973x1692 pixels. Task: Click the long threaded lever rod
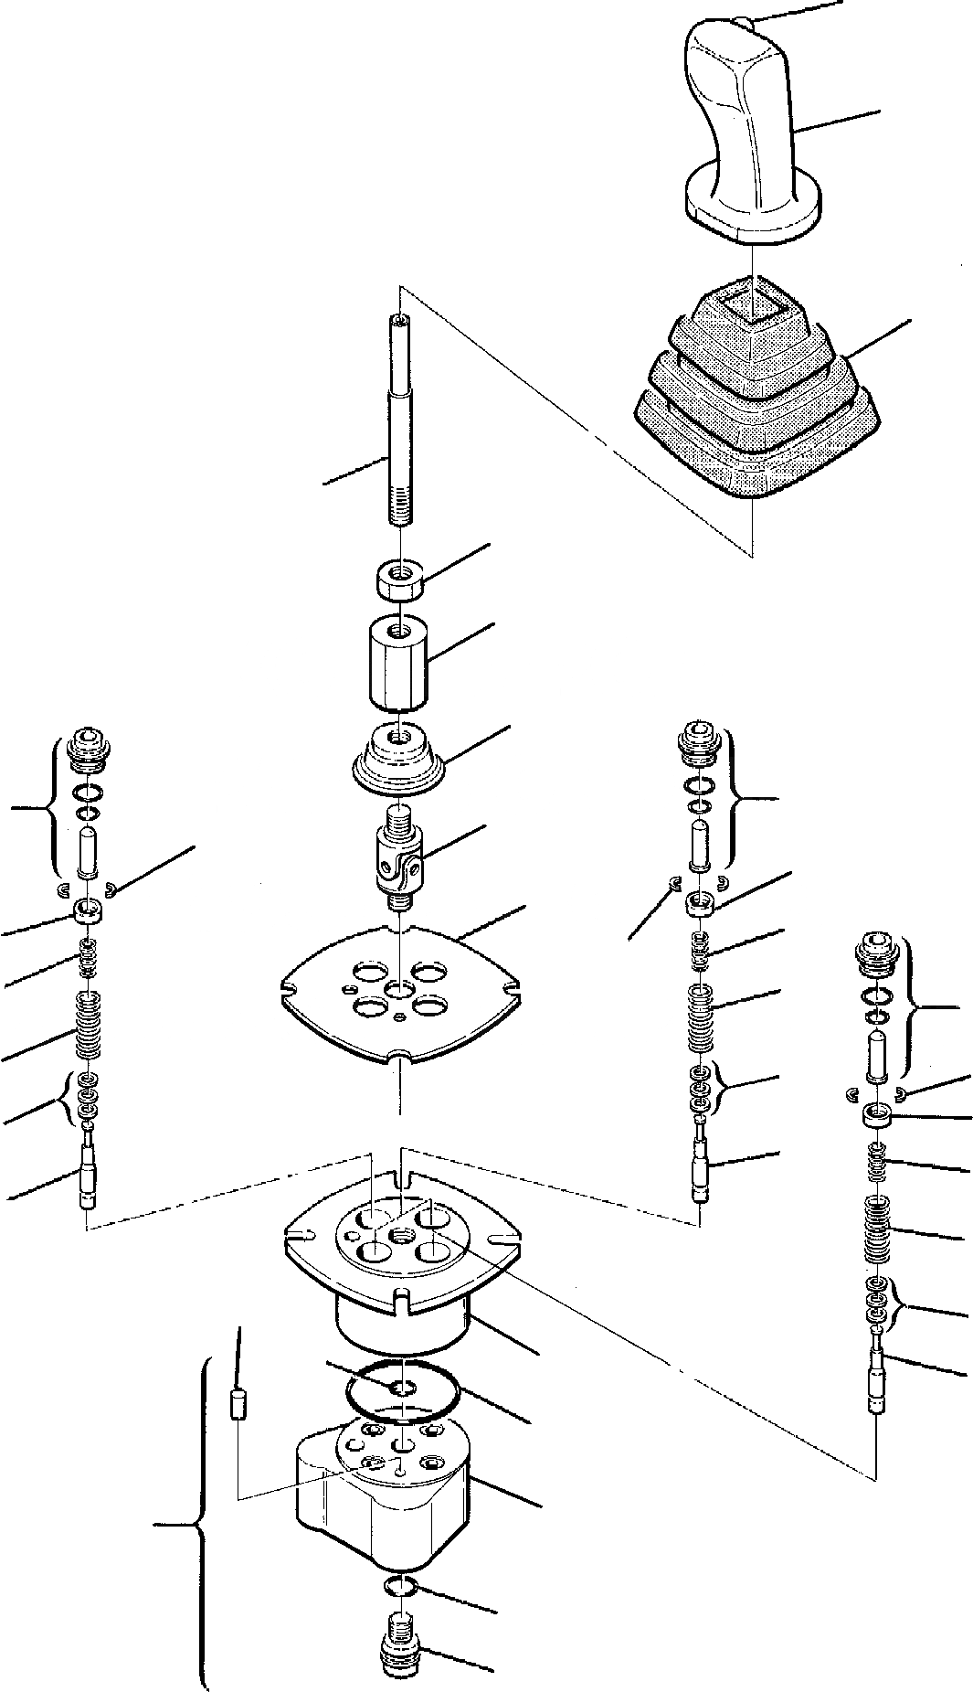(400, 420)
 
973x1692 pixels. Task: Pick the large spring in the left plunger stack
(88, 1024)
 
